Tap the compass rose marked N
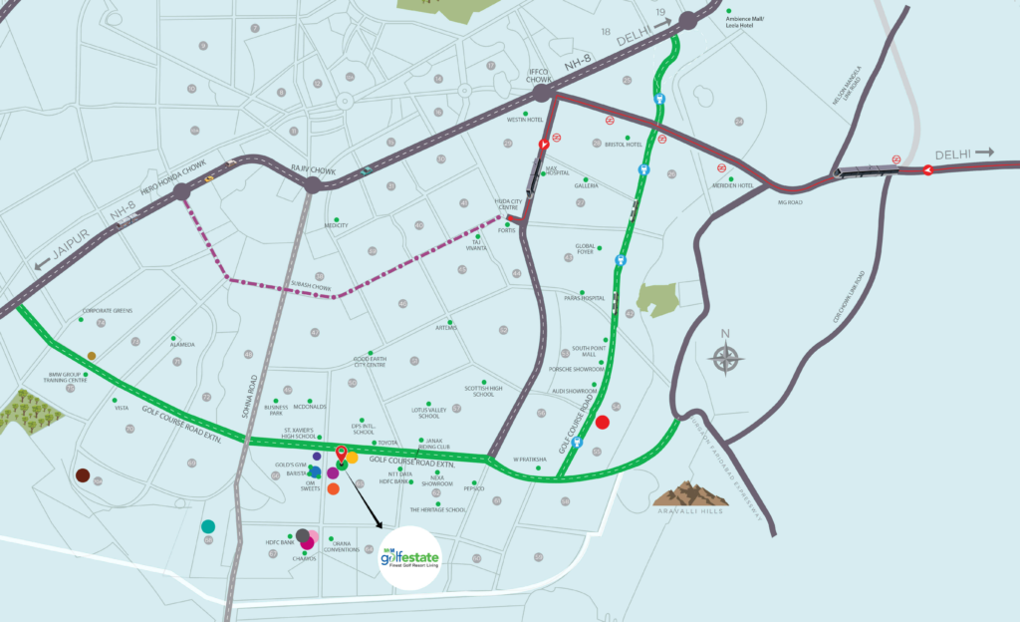pyautogui.click(x=727, y=356)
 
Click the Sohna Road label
pyautogui.click(x=255, y=394)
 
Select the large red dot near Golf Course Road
pyautogui.click(x=602, y=423)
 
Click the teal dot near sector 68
pyautogui.click(x=207, y=525)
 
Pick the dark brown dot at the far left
pyautogui.click(x=83, y=475)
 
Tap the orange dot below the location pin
pyautogui.click(x=333, y=488)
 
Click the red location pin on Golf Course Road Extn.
pyautogui.click(x=342, y=455)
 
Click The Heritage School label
pyautogui.click(x=437, y=509)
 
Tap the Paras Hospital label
pyautogui.click(x=585, y=297)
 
